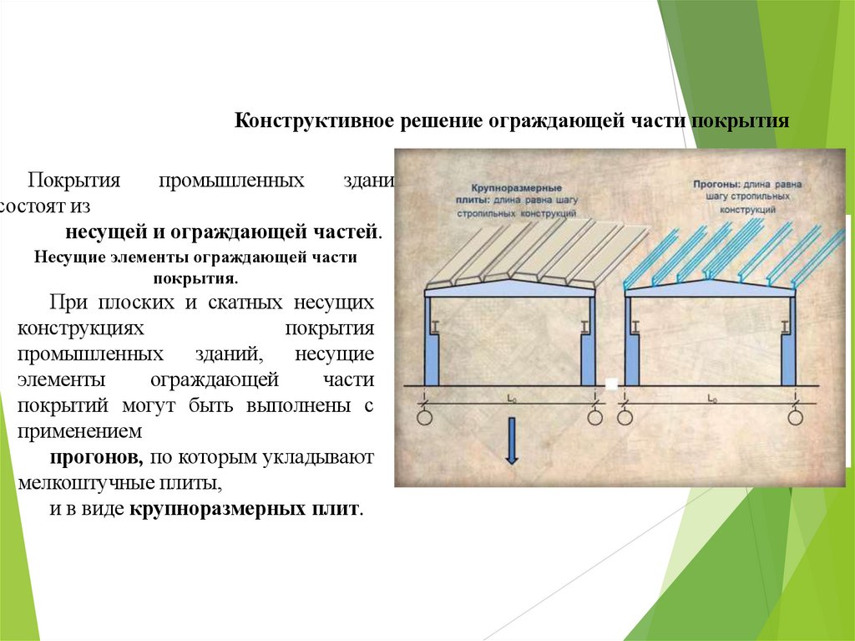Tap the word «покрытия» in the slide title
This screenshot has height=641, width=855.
click(748, 120)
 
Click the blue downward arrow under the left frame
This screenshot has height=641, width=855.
click(512, 442)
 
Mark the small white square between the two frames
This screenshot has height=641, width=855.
click(611, 384)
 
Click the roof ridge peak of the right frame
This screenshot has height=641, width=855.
click(711, 282)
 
